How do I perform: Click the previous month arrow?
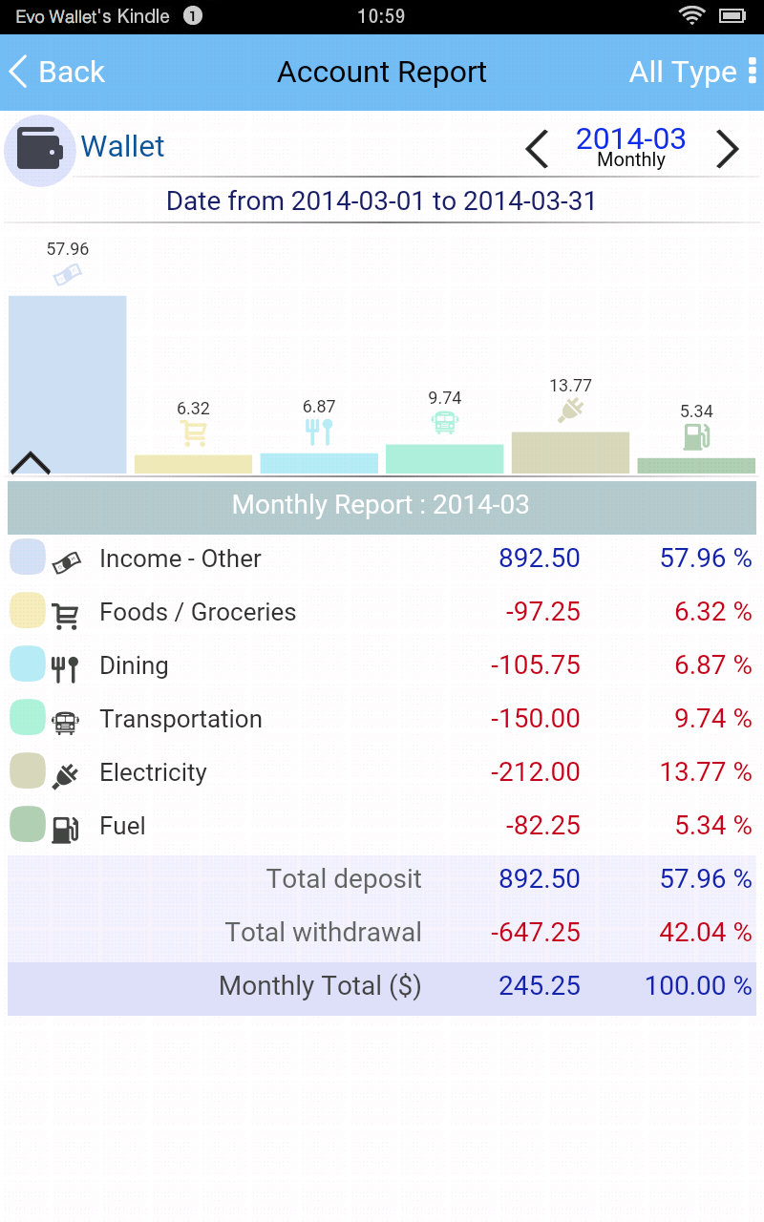pyautogui.click(x=538, y=149)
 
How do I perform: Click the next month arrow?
pyautogui.click(x=728, y=149)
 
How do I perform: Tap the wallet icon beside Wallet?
pyautogui.click(x=40, y=150)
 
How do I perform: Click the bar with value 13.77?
pyautogui.click(x=570, y=453)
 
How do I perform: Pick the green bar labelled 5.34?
pyautogui.click(x=696, y=466)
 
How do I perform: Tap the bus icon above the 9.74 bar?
pyautogui.click(x=445, y=422)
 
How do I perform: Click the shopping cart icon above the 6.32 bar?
pyautogui.click(x=194, y=433)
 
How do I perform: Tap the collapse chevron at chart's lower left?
pyautogui.click(x=30, y=463)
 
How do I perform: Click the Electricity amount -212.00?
pyautogui.click(x=535, y=772)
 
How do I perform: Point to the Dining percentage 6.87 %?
pyautogui.click(x=712, y=665)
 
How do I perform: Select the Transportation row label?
pyautogui.click(x=180, y=719)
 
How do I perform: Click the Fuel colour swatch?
pyautogui.click(x=28, y=824)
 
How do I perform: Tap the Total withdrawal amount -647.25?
pyautogui.click(x=535, y=933)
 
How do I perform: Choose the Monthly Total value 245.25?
pyautogui.click(x=539, y=986)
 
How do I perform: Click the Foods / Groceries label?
pyautogui.click(x=198, y=612)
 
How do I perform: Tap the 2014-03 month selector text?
pyautogui.click(x=630, y=139)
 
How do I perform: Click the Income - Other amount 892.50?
pyautogui.click(x=539, y=558)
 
